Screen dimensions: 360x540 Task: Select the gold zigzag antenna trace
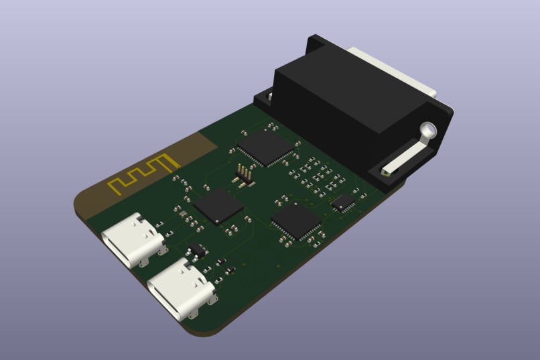click(x=143, y=172)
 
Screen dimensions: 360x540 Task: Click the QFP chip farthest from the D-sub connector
click(x=296, y=221)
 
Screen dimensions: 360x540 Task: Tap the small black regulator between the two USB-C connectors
click(x=196, y=251)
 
